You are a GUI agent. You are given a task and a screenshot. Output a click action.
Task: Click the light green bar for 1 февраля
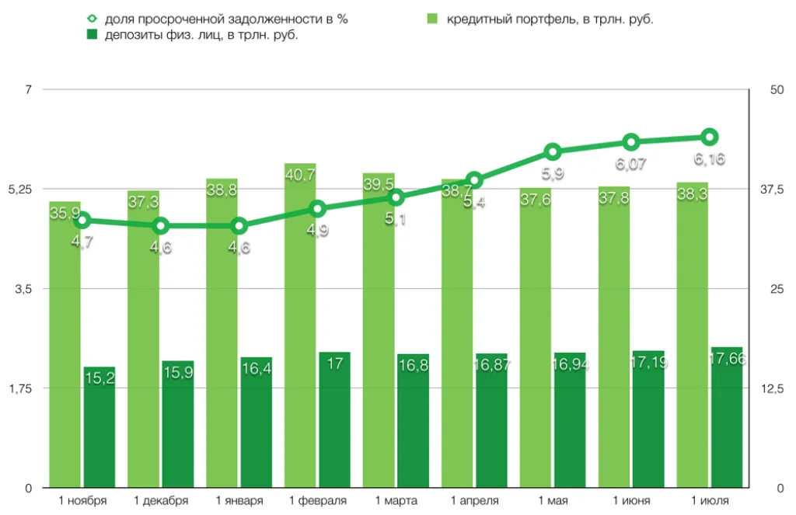[300, 326]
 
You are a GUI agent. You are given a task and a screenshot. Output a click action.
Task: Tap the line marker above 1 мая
[553, 151]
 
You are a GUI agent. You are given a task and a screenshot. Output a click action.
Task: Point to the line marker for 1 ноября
[82, 221]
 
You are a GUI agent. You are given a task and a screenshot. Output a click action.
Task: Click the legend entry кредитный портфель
[549, 19]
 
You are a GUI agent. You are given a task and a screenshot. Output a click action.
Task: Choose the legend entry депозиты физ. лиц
[202, 35]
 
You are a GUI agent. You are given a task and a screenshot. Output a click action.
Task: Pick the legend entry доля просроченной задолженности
[226, 19]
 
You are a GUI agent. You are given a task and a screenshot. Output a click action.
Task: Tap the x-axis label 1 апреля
[474, 500]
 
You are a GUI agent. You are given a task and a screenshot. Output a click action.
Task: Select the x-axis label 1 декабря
[161, 500]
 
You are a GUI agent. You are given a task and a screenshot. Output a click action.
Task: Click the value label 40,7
[300, 176]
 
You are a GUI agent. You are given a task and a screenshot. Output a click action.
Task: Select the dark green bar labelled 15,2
[99, 427]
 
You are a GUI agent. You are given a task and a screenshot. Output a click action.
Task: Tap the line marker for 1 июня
[631, 141]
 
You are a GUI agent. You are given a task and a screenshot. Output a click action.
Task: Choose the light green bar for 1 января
[222, 334]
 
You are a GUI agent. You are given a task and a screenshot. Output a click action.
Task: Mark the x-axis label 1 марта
[396, 500]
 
